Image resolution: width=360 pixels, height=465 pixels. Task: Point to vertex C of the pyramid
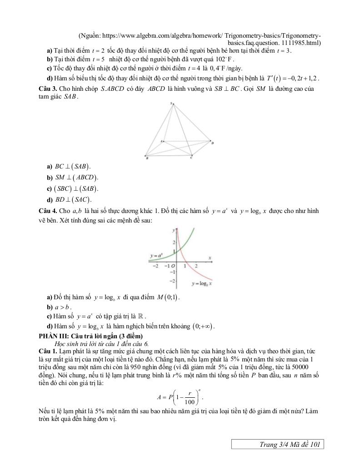click(191, 157)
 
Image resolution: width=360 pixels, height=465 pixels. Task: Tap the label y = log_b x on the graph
click(202, 283)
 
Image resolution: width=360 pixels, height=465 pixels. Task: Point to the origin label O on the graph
click(174, 266)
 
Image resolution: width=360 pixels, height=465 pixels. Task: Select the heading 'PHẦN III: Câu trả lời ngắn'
click(91, 336)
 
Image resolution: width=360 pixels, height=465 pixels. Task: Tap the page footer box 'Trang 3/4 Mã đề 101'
click(278, 445)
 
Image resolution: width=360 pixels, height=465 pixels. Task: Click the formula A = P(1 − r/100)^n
click(180, 396)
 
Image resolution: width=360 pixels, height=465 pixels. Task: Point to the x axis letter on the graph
click(210, 258)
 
